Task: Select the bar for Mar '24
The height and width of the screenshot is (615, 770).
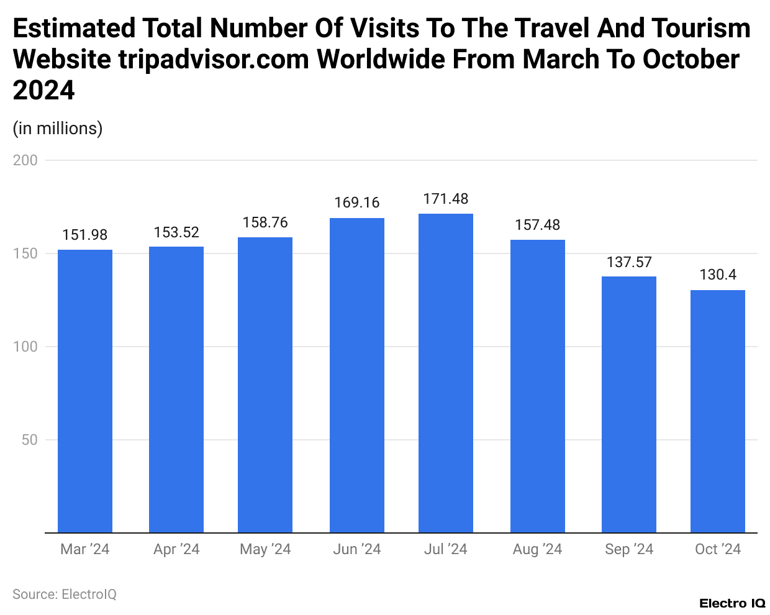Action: point(85,391)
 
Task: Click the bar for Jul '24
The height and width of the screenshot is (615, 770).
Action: point(446,373)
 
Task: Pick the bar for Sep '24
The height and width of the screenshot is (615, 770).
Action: point(629,404)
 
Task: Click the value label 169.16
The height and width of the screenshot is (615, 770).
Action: point(357,203)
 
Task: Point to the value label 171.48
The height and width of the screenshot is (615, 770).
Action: point(446,199)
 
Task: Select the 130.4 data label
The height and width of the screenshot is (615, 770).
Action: point(718,275)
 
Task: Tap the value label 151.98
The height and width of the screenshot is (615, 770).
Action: point(85,235)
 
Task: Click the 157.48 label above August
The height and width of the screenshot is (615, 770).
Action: point(538,225)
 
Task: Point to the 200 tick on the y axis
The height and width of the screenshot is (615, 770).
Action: point(25,160)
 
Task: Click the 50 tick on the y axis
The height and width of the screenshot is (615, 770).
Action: point(30,440)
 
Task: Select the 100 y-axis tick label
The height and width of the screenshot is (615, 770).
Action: point(25,347)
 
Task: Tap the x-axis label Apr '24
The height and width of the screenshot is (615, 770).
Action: point(176,549)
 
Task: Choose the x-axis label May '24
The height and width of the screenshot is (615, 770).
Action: point(265,549)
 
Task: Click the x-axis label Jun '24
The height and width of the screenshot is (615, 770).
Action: point(357,549)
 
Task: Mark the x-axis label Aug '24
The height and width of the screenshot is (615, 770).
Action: point(538,549)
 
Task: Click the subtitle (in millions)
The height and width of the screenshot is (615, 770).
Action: point(58,128)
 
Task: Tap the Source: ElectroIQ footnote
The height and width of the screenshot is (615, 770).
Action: point(65,594)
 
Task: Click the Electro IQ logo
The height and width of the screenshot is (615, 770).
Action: point(732,603)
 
